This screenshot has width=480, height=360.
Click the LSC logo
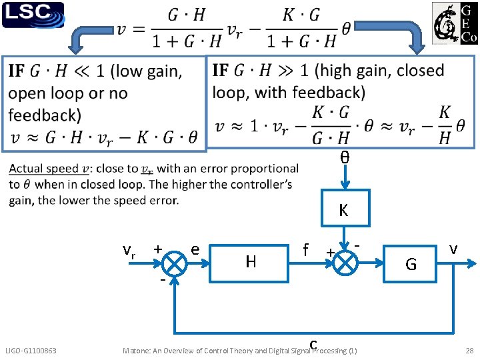click(x=33, y=15)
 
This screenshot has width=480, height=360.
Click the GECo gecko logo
click(x=455, y=23)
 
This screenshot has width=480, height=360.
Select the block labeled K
click(x=345, y=208)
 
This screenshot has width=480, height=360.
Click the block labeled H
click(x=249, y=263)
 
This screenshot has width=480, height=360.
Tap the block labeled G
click(x=410, y=263)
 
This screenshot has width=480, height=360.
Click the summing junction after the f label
click(x=345, y=263)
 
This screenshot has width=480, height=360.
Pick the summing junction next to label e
click(x=174, y=263)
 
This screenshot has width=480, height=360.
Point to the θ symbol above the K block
click(x=345, y=157)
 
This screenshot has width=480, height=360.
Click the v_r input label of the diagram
click(x=129, y=251)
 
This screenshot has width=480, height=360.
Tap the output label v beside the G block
click(x=453, y=250)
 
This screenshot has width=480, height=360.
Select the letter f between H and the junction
click(x=305, y=249)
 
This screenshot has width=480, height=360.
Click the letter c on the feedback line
click(x=313, y=345)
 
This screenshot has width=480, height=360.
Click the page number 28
click(x=469, y=351)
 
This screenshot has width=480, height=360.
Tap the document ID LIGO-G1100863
click(x=31, y=351)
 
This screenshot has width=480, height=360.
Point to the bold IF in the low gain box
click(x=16, y=71)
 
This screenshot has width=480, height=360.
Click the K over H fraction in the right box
click(x=445, y=125)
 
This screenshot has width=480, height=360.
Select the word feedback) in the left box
click(x=45, y=115)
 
